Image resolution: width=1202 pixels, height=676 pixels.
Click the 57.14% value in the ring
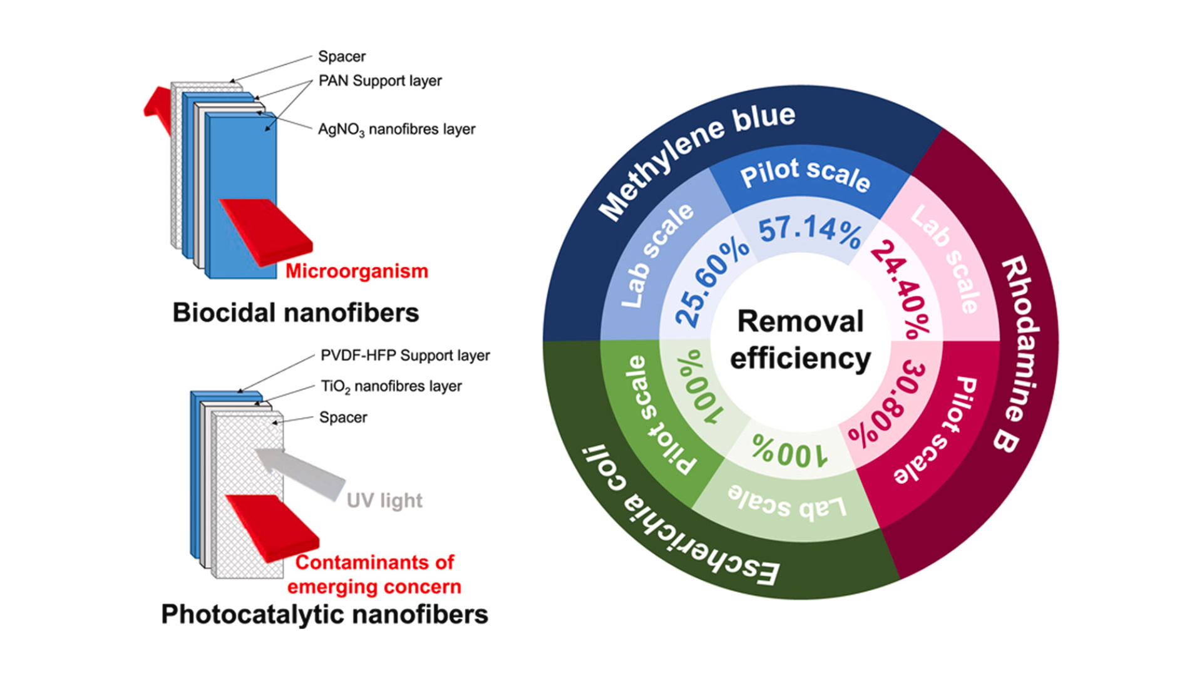coord(809,230)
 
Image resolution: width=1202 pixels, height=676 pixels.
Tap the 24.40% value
coord(900,287)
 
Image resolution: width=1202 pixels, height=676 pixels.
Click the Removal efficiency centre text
coord(801,340)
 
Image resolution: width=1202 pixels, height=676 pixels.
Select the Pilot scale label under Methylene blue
coord(805,173)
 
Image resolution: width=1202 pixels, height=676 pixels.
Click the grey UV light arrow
coord(300,473)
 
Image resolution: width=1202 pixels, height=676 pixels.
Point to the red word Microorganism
coord(357,271)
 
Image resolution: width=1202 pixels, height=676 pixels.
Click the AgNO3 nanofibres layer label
coord(396,130)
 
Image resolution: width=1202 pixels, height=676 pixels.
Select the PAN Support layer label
coord(380,81)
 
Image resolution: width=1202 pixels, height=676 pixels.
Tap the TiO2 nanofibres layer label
coord(391,386)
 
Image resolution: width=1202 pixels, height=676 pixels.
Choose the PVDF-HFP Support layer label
coord(405,356)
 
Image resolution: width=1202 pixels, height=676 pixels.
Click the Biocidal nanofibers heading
coord(295,312)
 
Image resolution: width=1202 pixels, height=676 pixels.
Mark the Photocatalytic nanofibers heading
coord(324,614)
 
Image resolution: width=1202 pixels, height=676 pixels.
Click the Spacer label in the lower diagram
coord(343,417)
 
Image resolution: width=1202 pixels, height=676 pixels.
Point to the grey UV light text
coord(384,501)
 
